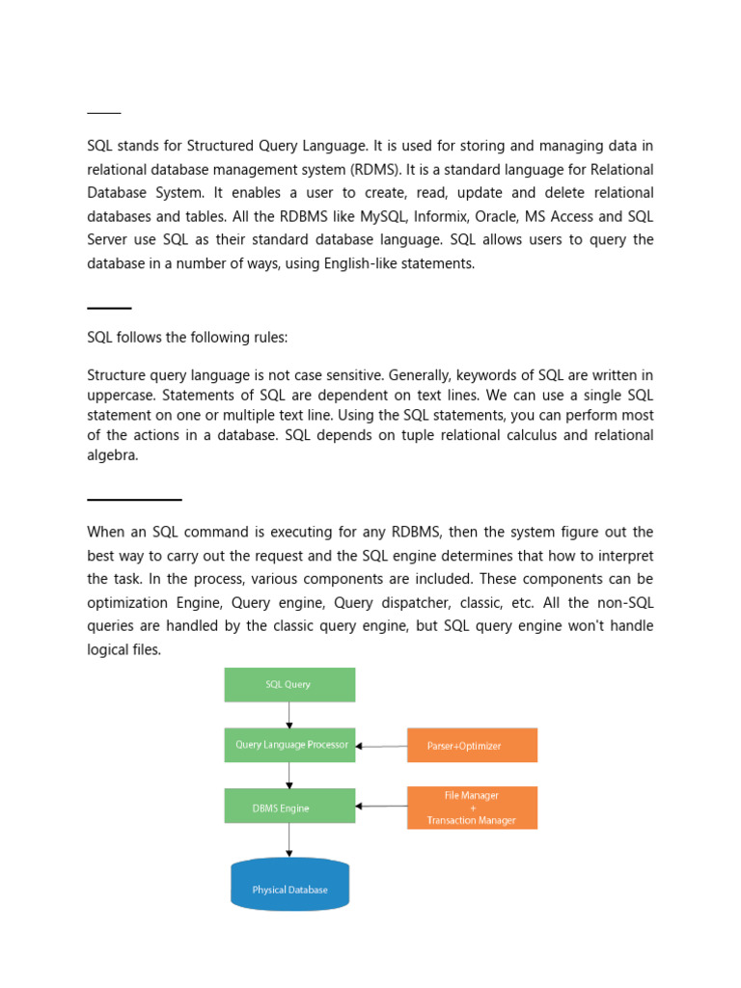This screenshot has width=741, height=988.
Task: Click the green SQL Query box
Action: (x=289, y=684)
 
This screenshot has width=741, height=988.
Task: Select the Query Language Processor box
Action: (x=289, y=745)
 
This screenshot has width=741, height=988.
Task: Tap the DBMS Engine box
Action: (x=289, y=807)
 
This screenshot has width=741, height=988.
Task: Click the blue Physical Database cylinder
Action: (x=289, y=885)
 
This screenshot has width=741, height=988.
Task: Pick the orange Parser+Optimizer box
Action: (x=472, y=746)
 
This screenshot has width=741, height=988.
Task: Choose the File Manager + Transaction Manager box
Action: (x=472, y=808)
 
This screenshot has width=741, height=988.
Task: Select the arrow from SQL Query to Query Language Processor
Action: (x=289, y=715)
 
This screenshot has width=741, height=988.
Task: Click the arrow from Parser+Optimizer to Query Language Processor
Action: (x=381, y=746)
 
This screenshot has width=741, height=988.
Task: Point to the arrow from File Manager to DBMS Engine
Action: (x=381, y=806)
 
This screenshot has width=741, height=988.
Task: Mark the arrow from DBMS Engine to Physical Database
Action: (x=289, y=839)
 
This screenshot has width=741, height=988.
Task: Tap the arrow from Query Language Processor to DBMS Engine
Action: (x=289, y=776)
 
